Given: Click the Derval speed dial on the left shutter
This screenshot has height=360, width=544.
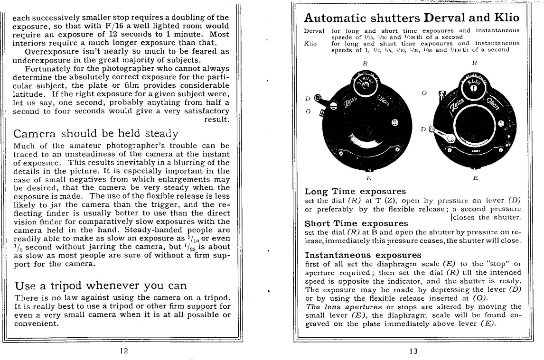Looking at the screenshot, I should [x=364, y=86].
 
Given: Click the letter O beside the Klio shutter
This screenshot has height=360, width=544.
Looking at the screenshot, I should [x=424, y=93].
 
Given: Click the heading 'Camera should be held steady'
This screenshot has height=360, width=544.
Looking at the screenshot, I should [x=96, y=134].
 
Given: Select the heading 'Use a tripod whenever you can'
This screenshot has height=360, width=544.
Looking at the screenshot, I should [x=101, y=286].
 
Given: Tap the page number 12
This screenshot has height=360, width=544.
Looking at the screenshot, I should [x=123, y=351].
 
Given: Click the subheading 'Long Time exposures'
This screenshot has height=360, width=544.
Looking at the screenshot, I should [x=355, y=191].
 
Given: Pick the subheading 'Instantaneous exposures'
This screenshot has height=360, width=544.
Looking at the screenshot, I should [x=363, y=255].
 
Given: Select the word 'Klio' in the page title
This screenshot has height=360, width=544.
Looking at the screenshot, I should [x=503, y=18].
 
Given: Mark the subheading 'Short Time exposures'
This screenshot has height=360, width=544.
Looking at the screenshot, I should [x=356, y=223].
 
